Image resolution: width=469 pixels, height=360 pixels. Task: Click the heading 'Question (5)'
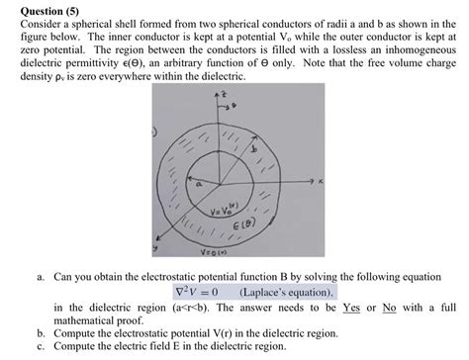(x=39, y=9)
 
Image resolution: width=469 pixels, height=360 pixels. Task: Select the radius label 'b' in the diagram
(x=261, y=146)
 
